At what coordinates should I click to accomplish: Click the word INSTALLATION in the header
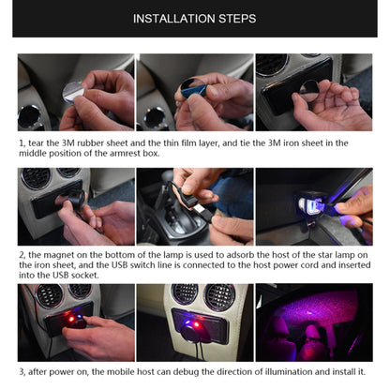coord(174,19)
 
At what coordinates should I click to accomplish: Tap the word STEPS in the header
coord(237,19)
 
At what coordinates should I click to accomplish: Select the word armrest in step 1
coord(126,154)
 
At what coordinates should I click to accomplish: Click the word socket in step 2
coord(84,276)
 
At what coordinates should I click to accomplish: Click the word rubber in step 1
coord(90,143)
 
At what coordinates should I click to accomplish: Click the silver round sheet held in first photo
coord(73,91)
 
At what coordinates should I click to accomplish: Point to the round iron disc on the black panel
coord(309,91)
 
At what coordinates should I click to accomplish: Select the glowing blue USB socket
coord(307,204)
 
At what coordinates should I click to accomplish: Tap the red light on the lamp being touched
coord(71,319)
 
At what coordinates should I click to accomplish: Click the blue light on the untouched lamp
coord(185,321)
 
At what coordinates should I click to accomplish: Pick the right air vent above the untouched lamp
coord(219,297)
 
